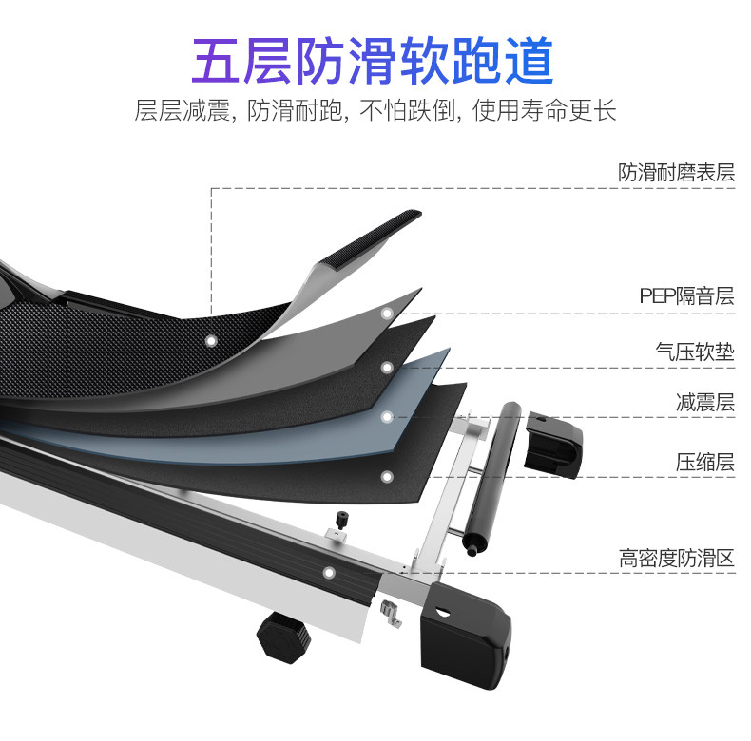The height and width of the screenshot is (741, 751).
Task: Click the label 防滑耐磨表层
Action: click(676, 173)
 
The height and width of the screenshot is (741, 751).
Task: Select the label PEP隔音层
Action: click(686, 296)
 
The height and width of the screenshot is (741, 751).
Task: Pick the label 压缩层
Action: click(704, 463)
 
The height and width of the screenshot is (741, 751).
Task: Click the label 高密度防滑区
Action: click(676, 558)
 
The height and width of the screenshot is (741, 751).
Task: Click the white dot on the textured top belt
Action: click(210, 338)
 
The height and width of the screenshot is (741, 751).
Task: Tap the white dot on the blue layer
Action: click(387, 416)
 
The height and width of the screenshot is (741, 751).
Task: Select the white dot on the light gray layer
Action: click(387, 313)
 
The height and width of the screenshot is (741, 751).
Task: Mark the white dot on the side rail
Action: click(329, 573)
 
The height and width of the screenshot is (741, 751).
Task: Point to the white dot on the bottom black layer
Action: click(387, 475)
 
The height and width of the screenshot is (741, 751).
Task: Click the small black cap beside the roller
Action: click(552, 441)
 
